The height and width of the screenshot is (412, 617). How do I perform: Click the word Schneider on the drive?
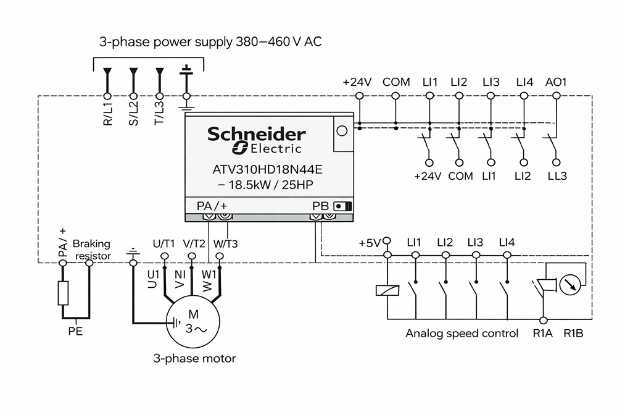(x=257, y=134)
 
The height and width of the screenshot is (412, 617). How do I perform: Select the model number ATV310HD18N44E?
(x=267, y=170)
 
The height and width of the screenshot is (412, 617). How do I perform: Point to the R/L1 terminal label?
(x=107, y=114)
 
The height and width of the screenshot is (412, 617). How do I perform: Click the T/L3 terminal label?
(x=159, y=114)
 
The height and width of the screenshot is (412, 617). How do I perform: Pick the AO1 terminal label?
(x=556, y=82)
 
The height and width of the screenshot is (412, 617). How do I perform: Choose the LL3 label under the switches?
(x=557, y=175)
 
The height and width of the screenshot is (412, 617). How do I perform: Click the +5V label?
(x=369, y=243)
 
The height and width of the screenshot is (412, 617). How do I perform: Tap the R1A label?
(x=542, y=333)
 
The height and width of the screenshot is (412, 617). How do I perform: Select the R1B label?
(x=573, y=333)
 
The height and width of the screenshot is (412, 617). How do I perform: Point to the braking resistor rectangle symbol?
(x=63, y=293)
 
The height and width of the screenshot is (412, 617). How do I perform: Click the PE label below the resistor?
(x=75, y=331)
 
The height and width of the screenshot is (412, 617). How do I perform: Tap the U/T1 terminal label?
(x=164, y=244)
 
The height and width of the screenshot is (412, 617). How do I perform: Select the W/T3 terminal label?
(x=225, y=244)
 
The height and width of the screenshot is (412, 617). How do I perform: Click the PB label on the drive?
(x=320, y=206)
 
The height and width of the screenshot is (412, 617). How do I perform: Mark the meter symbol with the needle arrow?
(x=570, y=284)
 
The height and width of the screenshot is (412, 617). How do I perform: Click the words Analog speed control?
(x=462, y=333)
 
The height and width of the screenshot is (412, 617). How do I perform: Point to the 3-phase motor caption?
(x=194, y=358)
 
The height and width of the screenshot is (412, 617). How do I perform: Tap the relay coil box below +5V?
(x=387, y=290)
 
